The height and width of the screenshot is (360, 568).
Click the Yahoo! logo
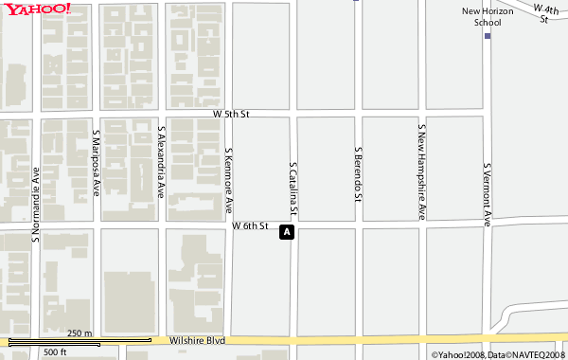pyautogui.click(x=36, y=9)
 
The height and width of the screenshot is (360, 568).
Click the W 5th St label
pyautogui.click(x=230, y=114)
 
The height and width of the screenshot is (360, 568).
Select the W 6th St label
pyautogui.click(x=251, y=227)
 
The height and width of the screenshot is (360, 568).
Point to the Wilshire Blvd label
pyautogui.click(x=197, y=340)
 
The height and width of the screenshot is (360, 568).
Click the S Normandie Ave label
pyautogui.click(x=35, y=206)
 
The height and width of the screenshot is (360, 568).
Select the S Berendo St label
pyautogui.click(x=358, y=175)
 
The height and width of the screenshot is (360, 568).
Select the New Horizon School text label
pyautogui.click(x=487, y=16)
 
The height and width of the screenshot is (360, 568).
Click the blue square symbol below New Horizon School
pyautogui.click(x=488, y=36)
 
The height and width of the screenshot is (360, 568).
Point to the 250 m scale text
pyautogui.click(x=80, y=333)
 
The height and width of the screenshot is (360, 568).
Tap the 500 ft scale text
pyautogui.click(x=55, y=352)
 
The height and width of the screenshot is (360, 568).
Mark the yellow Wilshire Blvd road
pyautogui.click(x=379, y=341)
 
